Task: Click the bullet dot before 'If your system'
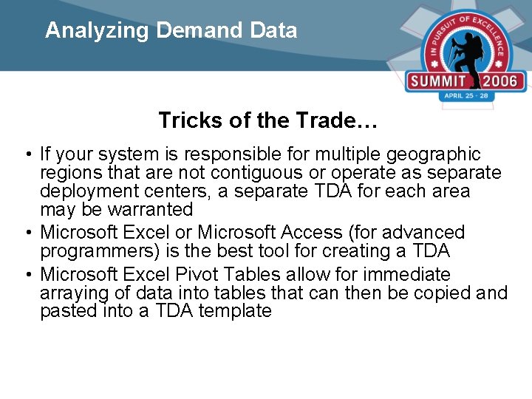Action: [x=27, y=155]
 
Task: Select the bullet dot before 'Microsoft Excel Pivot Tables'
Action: [x=27, y=275]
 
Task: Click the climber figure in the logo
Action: [x=466, y=51]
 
